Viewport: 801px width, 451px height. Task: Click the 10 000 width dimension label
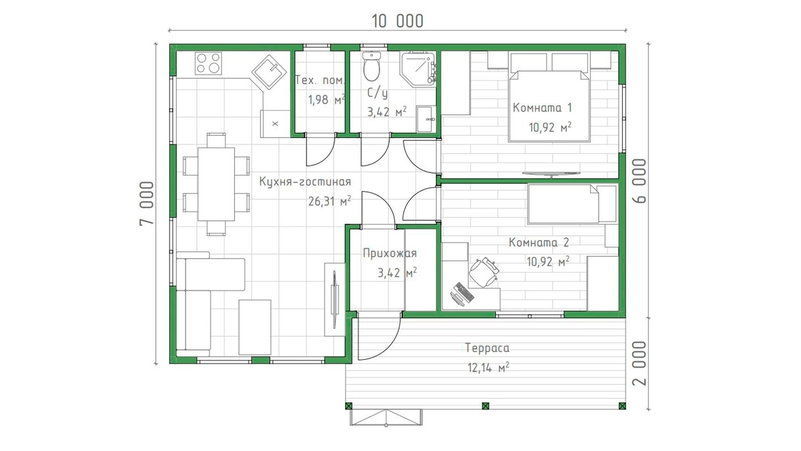tap(398, 21)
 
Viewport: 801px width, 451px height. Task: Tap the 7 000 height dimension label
tap(147, 203)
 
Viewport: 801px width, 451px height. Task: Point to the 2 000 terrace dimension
tap(640, 363)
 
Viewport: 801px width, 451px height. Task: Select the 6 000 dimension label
tap(640, 181)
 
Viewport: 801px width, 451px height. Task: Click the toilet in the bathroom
tap(372, 66)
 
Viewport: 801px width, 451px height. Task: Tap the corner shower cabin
tap(418, 69)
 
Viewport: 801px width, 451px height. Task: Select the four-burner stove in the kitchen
tap(208, 64)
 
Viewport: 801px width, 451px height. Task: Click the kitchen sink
tap(269, 73)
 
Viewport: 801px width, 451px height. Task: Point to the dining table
tap(216, 184)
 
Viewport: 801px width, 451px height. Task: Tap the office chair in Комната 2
tap(483, 272)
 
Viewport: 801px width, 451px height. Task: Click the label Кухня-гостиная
tap(305, 182)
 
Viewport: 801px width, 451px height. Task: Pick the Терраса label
tap(487, 348)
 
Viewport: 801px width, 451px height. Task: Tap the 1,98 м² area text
tap(327, 100)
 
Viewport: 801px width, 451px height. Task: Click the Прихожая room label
tap(390, 253)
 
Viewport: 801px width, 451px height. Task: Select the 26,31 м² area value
tap(330, 201)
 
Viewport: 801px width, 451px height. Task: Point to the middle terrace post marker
tap(485, 406)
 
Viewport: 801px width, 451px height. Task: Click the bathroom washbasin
tap(426, 118)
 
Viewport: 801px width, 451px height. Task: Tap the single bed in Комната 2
tap(572, 204)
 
